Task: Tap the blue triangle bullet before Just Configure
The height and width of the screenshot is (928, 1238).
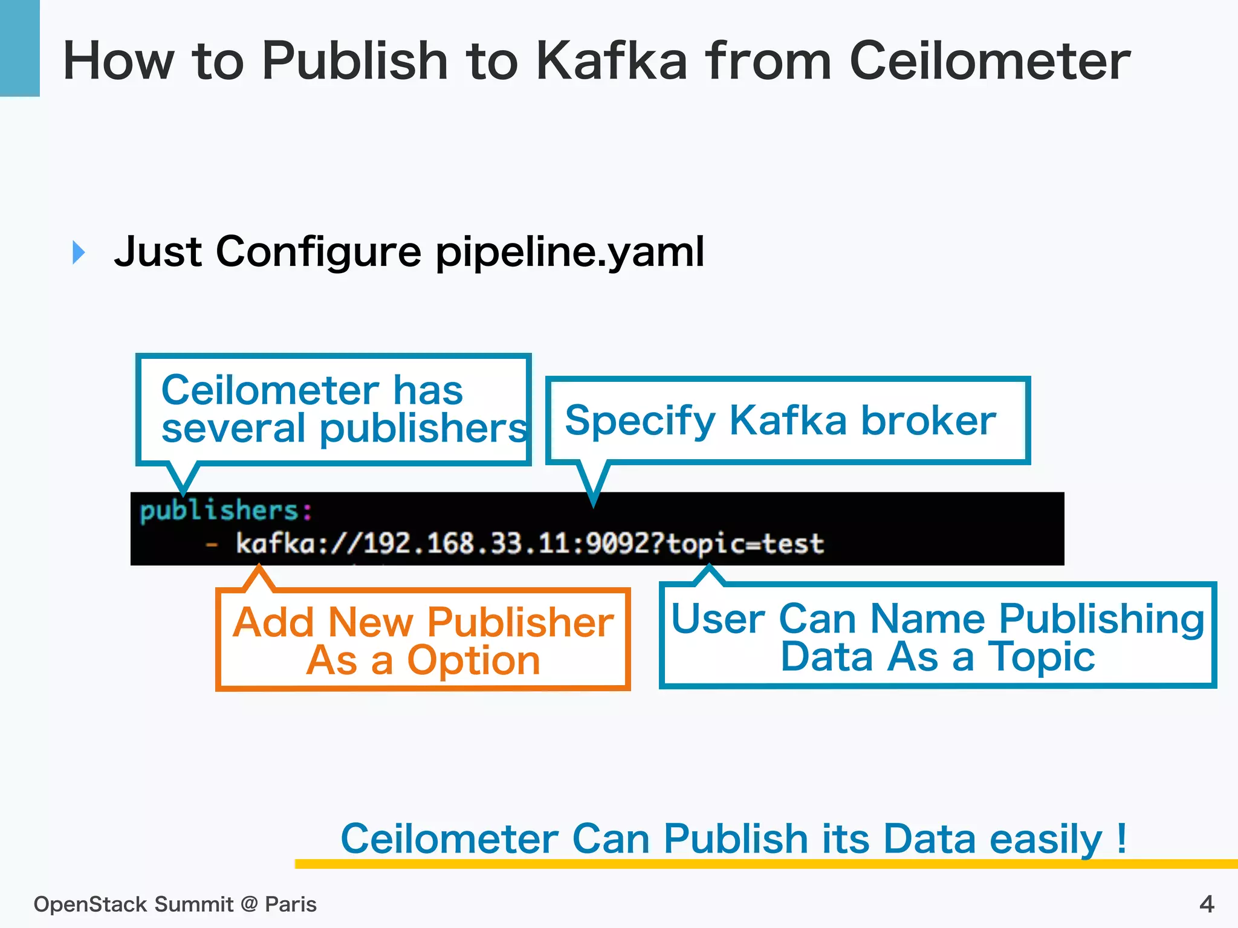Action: tap(79, 252)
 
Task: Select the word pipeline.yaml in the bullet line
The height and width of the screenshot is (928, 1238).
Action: tap(569, 252)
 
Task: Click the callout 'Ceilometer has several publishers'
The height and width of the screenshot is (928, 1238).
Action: tap(334, 410)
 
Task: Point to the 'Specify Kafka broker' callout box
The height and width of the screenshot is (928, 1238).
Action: tap(787, 420)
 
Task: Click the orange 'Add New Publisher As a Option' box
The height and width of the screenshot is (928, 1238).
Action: tap(423, 640)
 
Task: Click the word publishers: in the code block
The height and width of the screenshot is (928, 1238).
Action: tap(226, 511)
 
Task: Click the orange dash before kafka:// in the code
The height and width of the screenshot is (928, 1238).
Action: tap(212, 545)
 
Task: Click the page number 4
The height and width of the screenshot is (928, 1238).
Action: tap(1207, 904)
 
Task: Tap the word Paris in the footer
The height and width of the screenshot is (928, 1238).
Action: tap(291, 904)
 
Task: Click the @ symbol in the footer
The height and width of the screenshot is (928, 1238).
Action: tap(249, 904)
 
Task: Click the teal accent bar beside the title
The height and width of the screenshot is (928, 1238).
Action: tap(19, 48)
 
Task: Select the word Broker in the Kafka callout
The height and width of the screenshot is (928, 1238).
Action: tap(928, 420)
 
